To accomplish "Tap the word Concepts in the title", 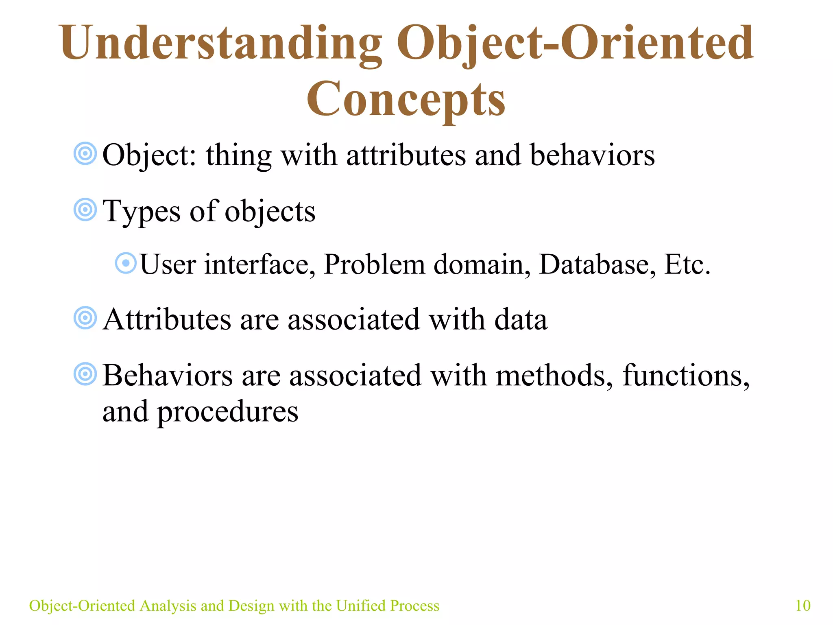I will click(406, 99).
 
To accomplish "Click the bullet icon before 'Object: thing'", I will click(85, 154).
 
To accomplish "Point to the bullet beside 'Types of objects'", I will click(85, 210).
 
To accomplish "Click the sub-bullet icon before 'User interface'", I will click(126, 263).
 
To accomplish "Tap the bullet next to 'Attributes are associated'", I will click(85, 318).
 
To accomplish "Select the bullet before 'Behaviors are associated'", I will click(85, 374).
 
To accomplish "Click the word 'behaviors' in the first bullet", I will click(592, 155).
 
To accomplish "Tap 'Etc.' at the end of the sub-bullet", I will click(687, 264).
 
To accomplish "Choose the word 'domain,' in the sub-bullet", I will click(482, 264).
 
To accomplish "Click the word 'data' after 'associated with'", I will click(521, 320).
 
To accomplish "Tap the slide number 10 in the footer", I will click(802, 606).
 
